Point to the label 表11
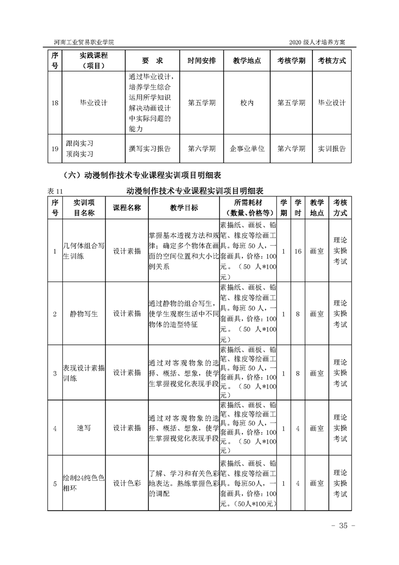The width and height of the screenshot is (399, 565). point(53,191)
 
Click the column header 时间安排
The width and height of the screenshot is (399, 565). point(202,60)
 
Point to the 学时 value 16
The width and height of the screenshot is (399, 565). point(298,251)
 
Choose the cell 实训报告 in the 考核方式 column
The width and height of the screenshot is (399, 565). point(332,149)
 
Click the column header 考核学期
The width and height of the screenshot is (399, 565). point(291,60)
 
